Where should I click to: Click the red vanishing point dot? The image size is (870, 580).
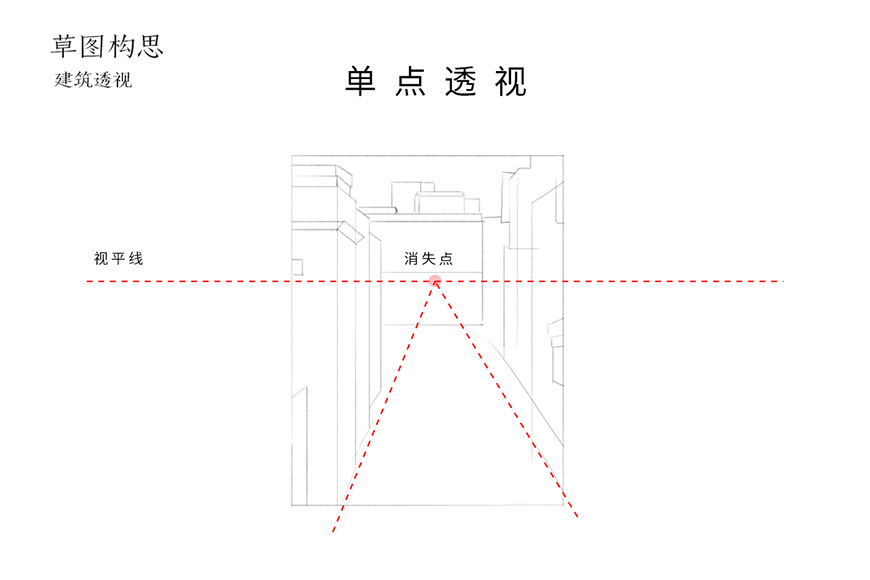click(x=434, y=281)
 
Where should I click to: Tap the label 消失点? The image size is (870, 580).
click(x=428, y=258)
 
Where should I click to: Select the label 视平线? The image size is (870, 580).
click(x=118, y=258)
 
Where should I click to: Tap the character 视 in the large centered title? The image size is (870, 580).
click(x=510, y=83)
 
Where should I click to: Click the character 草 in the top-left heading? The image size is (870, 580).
click(x=64, y=46)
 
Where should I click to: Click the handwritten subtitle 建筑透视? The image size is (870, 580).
click(x=93, y=80)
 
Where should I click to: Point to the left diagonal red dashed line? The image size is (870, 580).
click(x=382, y=407)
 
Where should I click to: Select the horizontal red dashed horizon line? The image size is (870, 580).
click(x=200, y=282)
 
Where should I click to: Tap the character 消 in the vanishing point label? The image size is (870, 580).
click(x=411, y=258)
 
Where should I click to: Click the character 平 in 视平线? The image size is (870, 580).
click(x=118, y=258)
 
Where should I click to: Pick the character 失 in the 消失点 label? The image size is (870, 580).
click(x=428, y=258)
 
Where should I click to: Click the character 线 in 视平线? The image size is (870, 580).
click(x=135, y=258)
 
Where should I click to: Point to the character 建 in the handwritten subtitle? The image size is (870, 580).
click(x=63, y=80)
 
